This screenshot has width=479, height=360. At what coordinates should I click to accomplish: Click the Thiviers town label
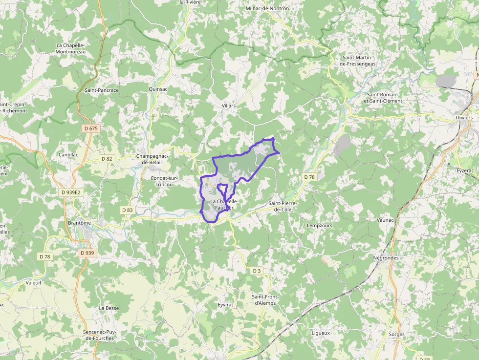click(463, 118)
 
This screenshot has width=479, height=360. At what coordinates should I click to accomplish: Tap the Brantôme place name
click(79, 223)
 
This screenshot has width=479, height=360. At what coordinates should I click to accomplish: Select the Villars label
click(228, 106)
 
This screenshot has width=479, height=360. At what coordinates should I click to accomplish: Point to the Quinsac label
click(158, 89)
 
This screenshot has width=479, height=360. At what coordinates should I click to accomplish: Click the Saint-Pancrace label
click(102, 90)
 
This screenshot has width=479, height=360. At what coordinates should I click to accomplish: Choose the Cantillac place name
click(68, 154)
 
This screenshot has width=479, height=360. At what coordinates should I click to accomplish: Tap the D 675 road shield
click(90, 128)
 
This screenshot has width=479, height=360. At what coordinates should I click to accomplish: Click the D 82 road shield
click(107, 159)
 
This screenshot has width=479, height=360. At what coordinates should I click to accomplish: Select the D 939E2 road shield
click(71, 192)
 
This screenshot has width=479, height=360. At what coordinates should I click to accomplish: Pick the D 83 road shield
click(127, 210)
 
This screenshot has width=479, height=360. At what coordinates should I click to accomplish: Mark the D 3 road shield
click(256, 271)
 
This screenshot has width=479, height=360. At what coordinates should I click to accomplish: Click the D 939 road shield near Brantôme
click(87, 253)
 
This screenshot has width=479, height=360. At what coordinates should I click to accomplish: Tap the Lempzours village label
click(319, 226)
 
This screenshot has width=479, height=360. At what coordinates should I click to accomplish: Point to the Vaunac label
click(385, 220)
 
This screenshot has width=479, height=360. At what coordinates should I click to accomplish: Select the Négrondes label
click(386, 258)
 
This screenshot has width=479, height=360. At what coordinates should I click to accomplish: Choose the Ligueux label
click(321, 333)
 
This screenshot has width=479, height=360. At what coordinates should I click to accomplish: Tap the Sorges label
click(396, 335)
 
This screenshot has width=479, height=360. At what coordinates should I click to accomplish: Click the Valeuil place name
click(33, 282)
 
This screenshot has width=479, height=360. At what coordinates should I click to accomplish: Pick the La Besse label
click(109, 308)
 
